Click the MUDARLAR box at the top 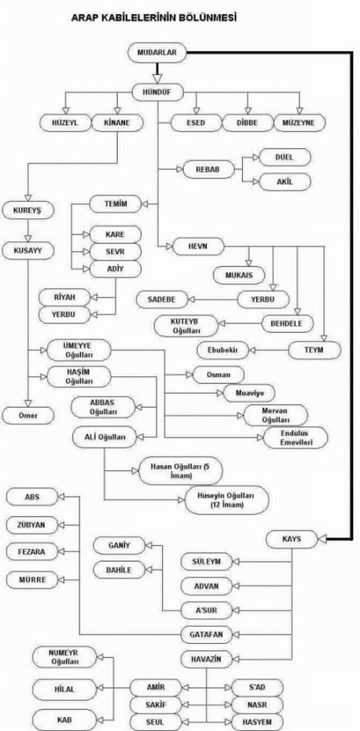(157, 54)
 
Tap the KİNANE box (117, 123)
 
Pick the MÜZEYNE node (300, 123)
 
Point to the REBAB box (209, 169)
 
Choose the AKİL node (284, 182)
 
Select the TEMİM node (115, 203)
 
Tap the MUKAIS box (240, 275)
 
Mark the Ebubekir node (223, 350)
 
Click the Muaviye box (249, 392)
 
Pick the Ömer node (28, 416)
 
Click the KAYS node (291, 539)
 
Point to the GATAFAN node (206, 634)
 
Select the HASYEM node (257, 722)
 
